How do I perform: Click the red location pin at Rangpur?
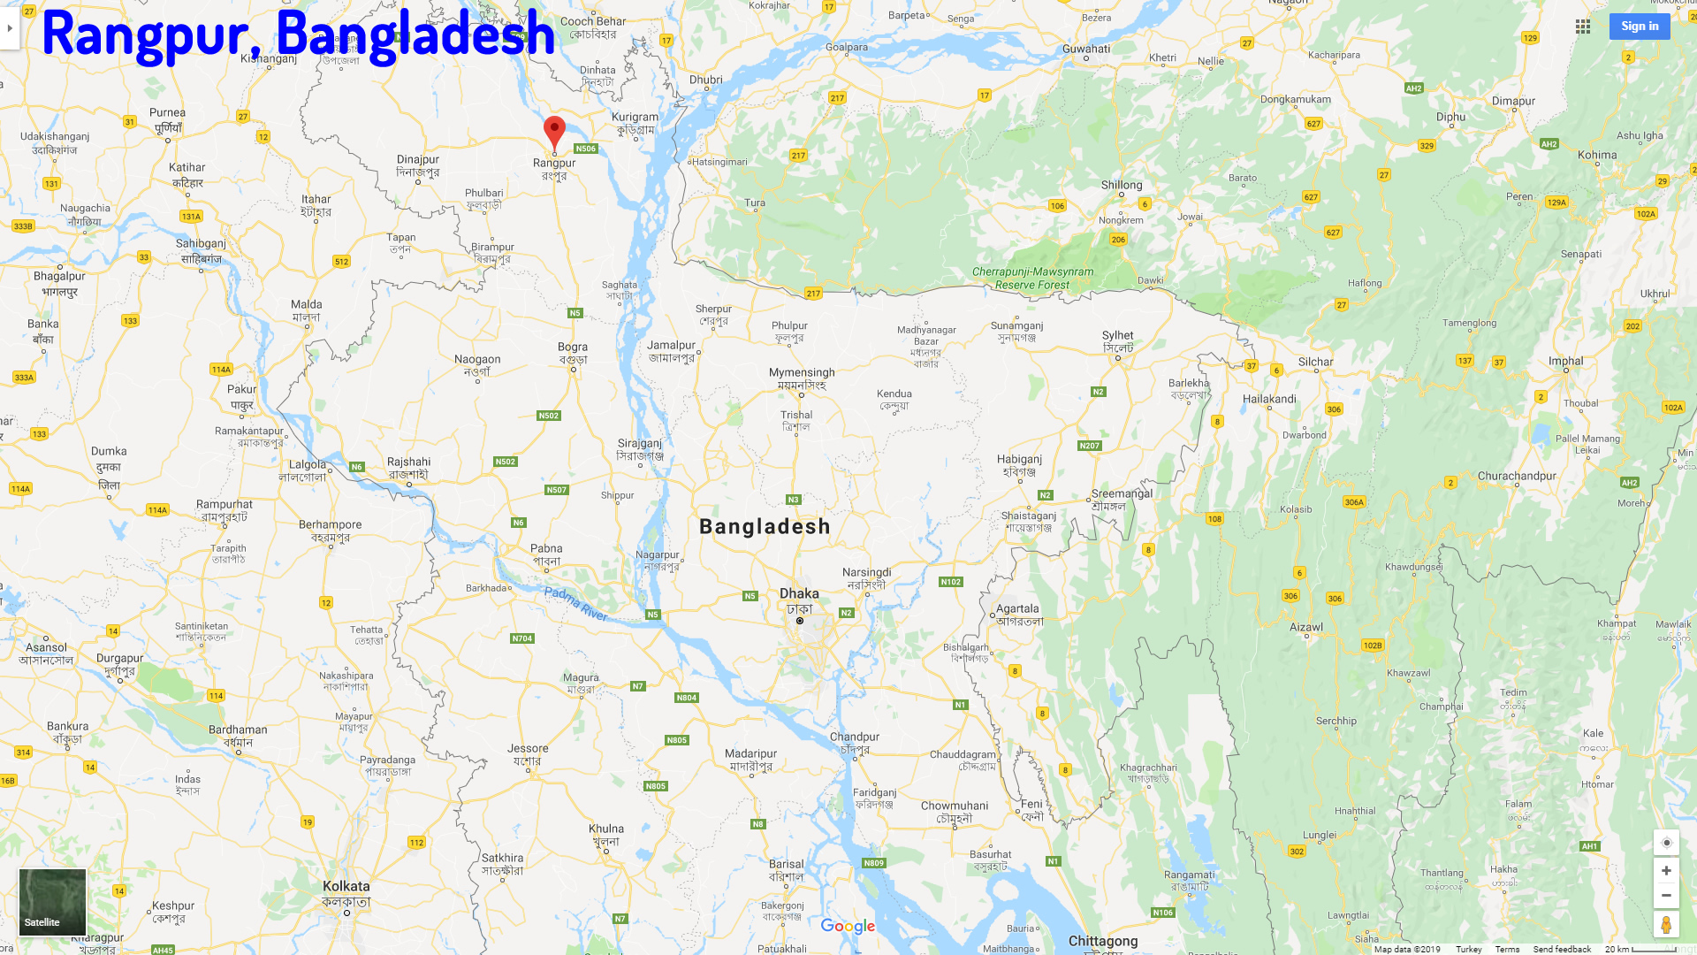[554, 131]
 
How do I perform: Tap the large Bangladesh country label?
[765, 527]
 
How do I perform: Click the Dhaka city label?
[799, 593]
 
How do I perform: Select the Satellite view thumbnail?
[53, 901]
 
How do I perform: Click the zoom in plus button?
[1666, 870]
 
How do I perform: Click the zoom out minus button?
[1666, 896]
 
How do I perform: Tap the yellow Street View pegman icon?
[1666, 925]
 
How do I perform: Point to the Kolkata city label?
[346, 886]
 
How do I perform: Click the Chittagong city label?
[1103, 941]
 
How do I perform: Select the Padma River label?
[576, 604]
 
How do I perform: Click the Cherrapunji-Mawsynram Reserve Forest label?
[1032, 279]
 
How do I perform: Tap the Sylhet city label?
[1117, 336]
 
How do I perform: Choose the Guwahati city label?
[1086, 49]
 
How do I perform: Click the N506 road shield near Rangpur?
[585, 149]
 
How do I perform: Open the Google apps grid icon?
[1583, 27]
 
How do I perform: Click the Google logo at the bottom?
[848, 926]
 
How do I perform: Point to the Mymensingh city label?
[802, 372]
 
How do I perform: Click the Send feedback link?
[1562, 949]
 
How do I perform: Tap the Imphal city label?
[1565, 361]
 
